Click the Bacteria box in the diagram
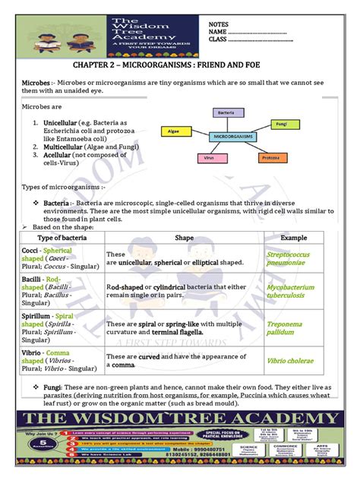226,112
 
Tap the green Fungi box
281,122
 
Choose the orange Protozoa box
270,158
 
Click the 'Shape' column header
184,238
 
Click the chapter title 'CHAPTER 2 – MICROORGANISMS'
179,66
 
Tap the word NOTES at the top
218,25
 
